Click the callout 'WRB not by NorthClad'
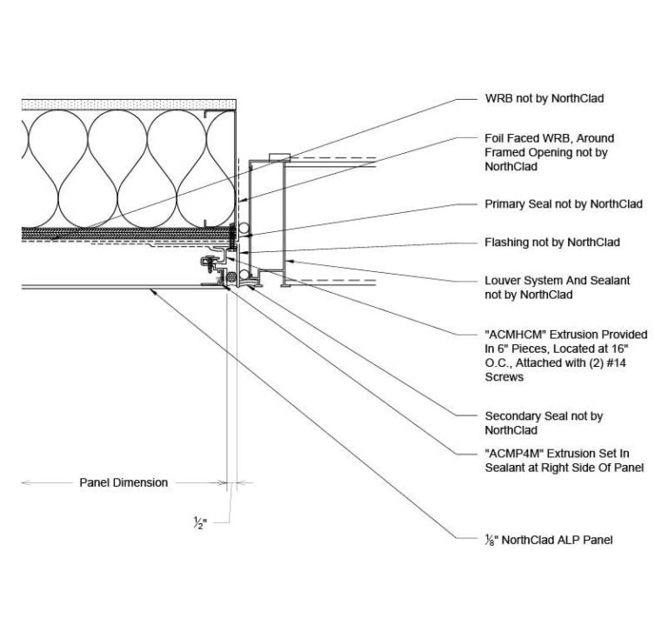pyautogui.click(x=544, y=99)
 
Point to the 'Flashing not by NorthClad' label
pyautogui.click(x=551, y=243)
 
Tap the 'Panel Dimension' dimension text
pyautogui.click(x=124, y=482)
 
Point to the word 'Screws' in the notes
pyautogui.click(x=504, y=378)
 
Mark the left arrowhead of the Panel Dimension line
pyautogui.click(x=24, y=482)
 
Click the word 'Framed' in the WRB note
pyautogui.click(x=505, y=152)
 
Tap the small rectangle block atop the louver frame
pyautogui.click(x=278, y=156)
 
